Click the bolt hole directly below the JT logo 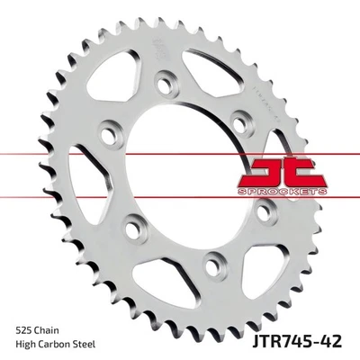261,212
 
